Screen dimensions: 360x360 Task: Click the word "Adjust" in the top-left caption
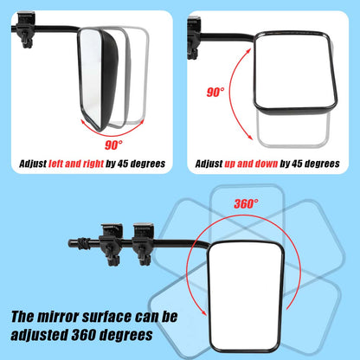[35, 163]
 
